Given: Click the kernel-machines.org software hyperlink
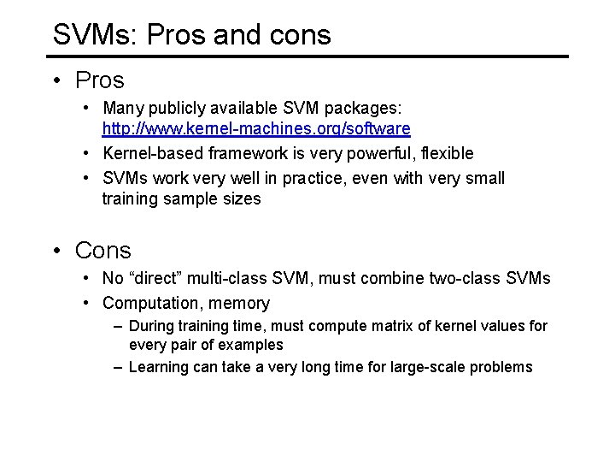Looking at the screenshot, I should point(256,129).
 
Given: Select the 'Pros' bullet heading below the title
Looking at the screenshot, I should point(99,80).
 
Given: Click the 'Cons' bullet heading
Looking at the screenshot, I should point(102,251).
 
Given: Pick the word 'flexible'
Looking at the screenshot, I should point(446,154).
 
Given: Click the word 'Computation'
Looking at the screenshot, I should point(150,303).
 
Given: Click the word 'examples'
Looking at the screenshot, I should point(249,345).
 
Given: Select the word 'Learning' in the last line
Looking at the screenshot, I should point(157,367).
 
